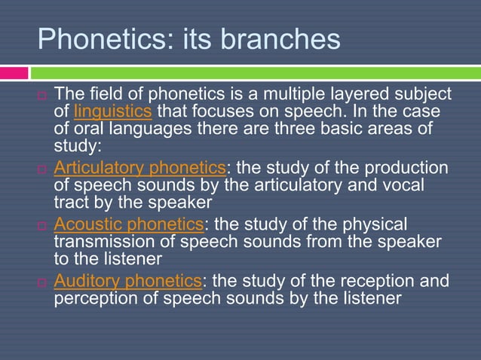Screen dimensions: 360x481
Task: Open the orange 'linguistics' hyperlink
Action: click(113, 112)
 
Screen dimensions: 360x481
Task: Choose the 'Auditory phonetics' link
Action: click(127, 281)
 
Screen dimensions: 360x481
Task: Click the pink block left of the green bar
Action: click(14, 73)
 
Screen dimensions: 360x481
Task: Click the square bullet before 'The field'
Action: click(42, 96)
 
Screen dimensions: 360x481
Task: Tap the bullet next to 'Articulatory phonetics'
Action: click(42, 169)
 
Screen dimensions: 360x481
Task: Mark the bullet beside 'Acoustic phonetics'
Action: click(42, 225)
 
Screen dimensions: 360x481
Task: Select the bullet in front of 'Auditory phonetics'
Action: click(42, 282)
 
